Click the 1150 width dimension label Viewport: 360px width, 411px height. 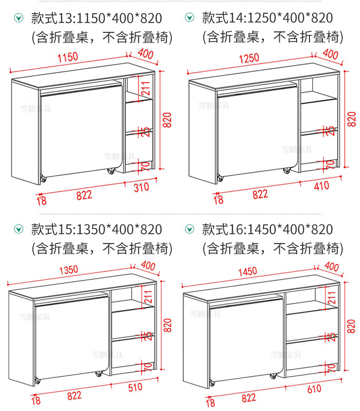coord(68,57)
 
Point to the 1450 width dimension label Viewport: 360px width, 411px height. coord(247,272)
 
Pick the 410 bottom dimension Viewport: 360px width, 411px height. coord(322,187)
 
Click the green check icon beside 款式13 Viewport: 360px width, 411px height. coord(19,18)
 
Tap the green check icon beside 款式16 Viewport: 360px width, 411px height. coord(190,229)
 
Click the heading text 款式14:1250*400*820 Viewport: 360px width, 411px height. coord(267,18)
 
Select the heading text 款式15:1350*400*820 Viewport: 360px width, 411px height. coord(97,229)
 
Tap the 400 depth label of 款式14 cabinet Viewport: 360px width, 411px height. coord(330,55)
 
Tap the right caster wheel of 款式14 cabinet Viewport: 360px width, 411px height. coord(287,171)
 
